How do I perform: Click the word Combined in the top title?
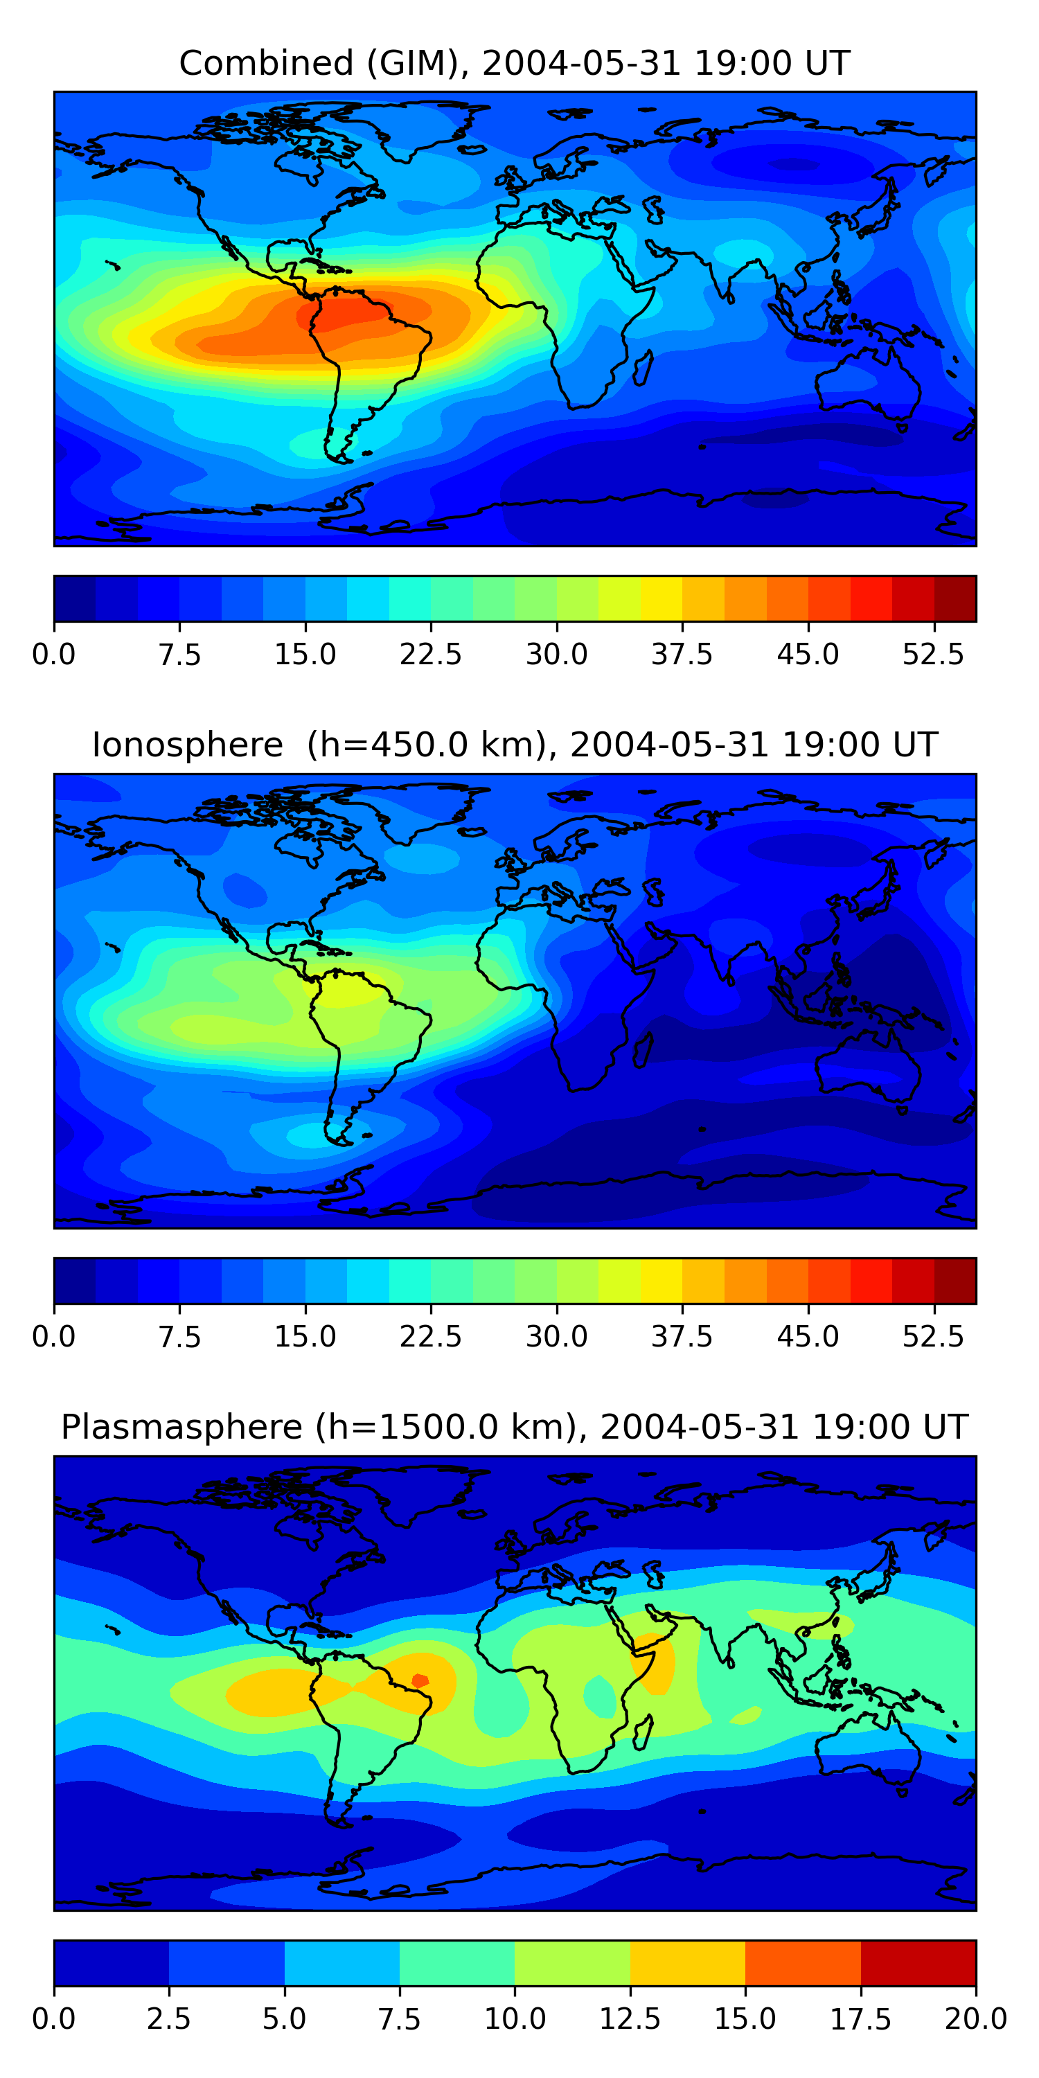coord(266,63)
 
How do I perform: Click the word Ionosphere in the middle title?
coord(187,745)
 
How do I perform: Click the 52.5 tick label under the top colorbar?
coord(933,654)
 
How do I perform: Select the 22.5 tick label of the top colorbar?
coord(431,654)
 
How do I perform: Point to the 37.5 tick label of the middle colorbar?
coord(682,1337)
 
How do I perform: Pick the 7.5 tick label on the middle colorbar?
coord(179,1337)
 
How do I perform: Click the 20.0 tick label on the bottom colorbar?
coord(975,2019)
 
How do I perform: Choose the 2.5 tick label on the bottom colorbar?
coord(168,2019)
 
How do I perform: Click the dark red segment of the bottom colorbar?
coord(918,1962)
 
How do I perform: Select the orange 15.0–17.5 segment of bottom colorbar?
coord(803,1962)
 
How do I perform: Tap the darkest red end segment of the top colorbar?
coord(955,598)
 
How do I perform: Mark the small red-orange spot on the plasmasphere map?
coord(420,1681)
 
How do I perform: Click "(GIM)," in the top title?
coord(418,63)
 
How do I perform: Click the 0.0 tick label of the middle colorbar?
coord(54,1337)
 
